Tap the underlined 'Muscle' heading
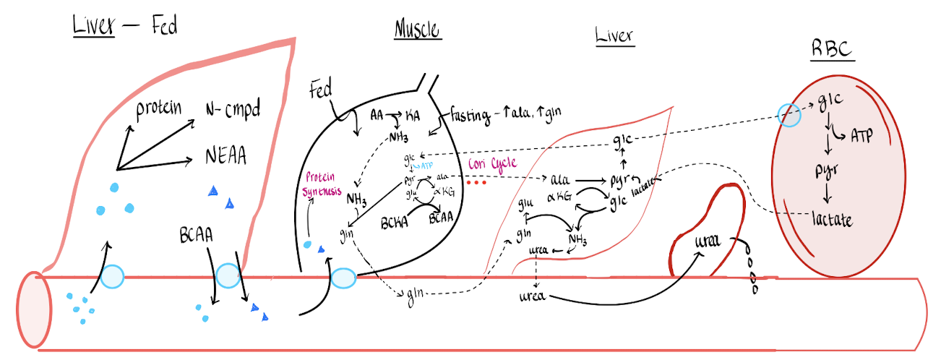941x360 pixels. [418, 30]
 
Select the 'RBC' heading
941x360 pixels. [831, 51]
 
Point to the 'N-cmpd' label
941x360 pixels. [232, 110]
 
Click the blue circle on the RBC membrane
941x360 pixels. [789, 113]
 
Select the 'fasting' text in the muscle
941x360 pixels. [473, 113]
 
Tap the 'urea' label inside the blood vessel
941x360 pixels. [536, 296]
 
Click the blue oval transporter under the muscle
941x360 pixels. [343, 278]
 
